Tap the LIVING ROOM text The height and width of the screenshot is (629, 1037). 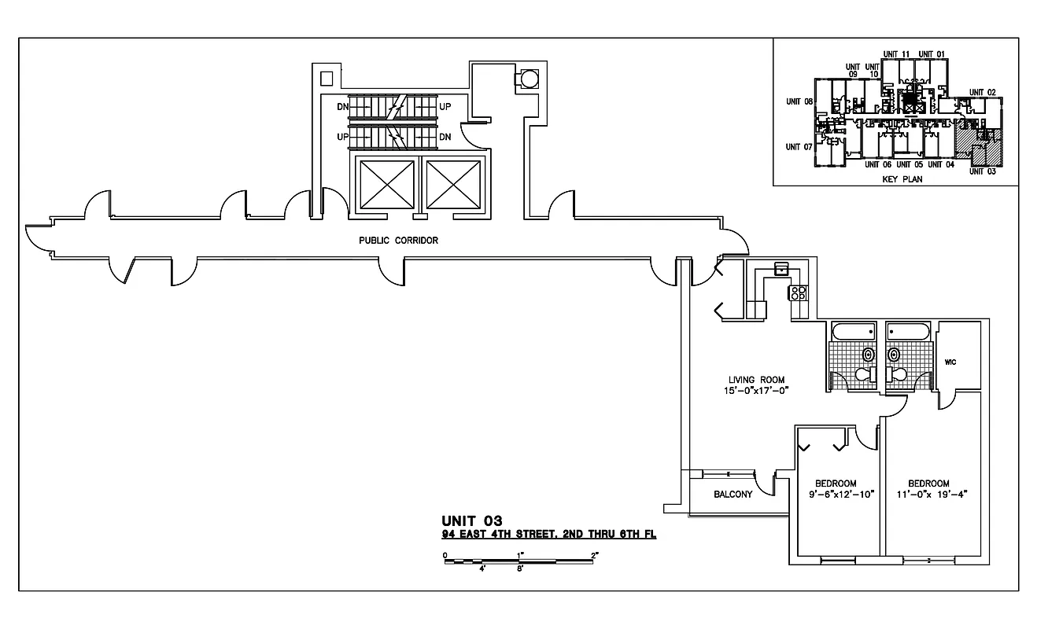point(756,380)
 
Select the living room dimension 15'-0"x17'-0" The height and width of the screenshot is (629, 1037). point(756,391)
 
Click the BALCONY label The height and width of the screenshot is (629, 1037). point(733,495)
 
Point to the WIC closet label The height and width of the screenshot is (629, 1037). point(950,362)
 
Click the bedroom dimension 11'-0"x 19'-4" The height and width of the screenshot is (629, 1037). point(928,495)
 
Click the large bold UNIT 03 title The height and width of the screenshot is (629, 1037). point(472,520)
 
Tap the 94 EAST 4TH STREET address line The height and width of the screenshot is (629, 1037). point(548,534)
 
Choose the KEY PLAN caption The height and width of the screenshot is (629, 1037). point(902,178)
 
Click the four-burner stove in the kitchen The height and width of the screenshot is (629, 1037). point(798,293)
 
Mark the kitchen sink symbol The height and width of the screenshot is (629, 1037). point(781,269)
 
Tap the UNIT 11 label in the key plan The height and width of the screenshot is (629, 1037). point(896,54)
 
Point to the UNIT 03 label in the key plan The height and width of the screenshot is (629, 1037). point(982,171)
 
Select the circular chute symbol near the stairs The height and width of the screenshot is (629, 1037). point(525,79)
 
